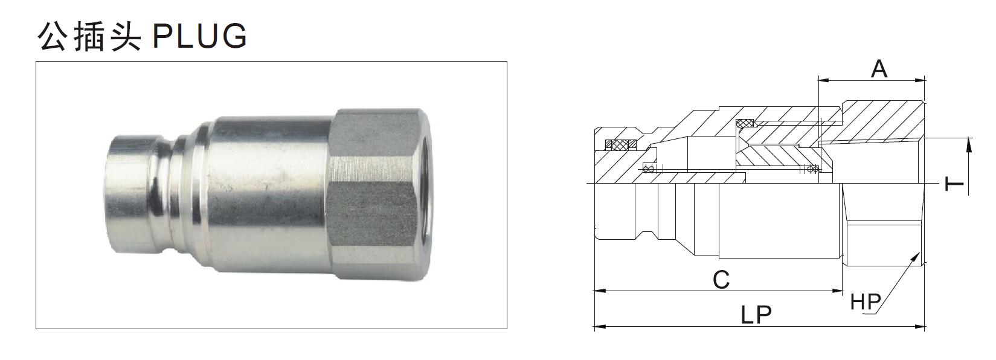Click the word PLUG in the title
[200, 36]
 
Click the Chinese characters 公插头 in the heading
[89, 36]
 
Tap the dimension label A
[879, 68]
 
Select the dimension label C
[721, 280]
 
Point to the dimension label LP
[757, 315]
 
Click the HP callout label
[866, 301]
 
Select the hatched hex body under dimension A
[882, 121]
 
